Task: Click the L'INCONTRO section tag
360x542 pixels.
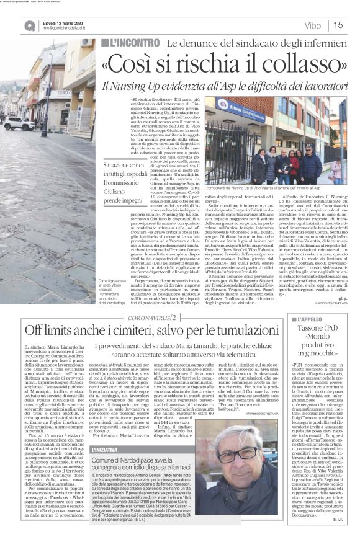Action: (x=131, y=44)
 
